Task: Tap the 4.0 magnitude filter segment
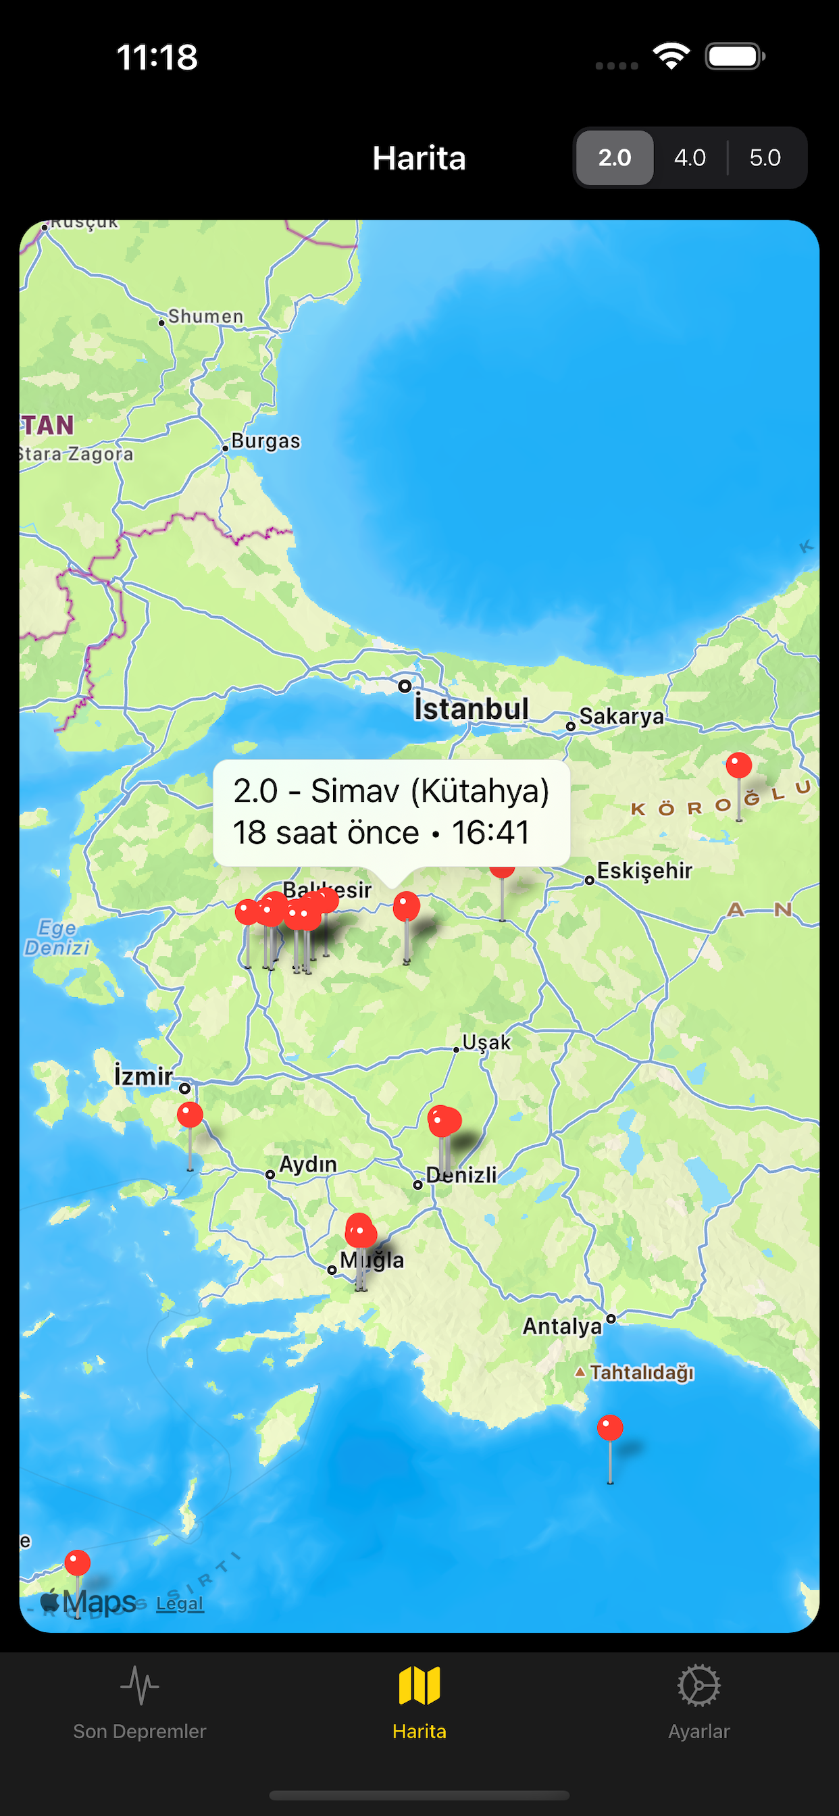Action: click(690, 158)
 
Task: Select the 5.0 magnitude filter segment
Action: click(765, 158)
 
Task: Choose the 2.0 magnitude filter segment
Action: click(614, 158)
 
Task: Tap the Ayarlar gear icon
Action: click(698, 1686)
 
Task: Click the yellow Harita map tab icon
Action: click(419, 1686)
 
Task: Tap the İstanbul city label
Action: click(471, 709)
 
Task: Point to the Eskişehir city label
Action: click(644, 871)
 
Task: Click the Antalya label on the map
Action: click(562, 1326)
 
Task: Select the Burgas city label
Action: click(265, 441)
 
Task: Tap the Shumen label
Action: click(205, 317)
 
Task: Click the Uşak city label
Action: click(486, 1042)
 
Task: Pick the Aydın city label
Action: click(308, 1165)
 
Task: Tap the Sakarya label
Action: click(621, 717)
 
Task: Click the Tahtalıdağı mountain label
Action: click(642, 1373)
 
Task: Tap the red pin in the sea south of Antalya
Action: click(610, 1428)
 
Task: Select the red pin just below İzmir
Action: click(190, 1115)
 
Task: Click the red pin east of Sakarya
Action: click(739, 765)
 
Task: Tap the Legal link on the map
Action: click(180, 1604)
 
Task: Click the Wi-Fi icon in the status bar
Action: click(671, 56)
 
